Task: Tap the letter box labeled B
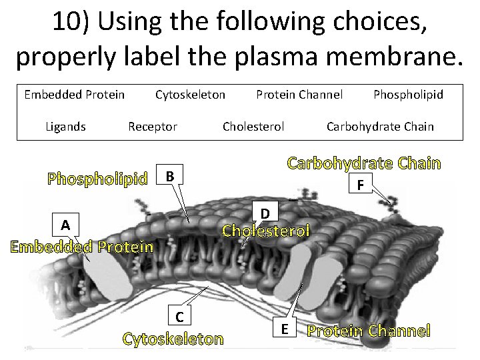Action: click(x=170, y=177)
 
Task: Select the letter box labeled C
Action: click(x=179, y=315)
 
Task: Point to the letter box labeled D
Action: click(x=265, y=213)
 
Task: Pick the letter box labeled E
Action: click(x=285, y=329)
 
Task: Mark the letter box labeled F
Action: click(x=360, y=183)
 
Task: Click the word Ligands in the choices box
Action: click(x=65, y=126)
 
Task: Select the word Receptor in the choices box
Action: click(x=152, y=126)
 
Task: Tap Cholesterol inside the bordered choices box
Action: click(x=253, y=126)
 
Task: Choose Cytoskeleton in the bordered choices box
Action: click(x=190, y=94)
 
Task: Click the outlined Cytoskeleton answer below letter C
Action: click(x=173, y=339)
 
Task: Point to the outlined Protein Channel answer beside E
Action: click(x=368, y=330)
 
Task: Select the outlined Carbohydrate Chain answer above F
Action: click(x=364, y=163)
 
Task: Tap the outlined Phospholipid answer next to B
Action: click(x=97, y=179)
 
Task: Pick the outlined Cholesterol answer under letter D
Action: click(x=266, y=231)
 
